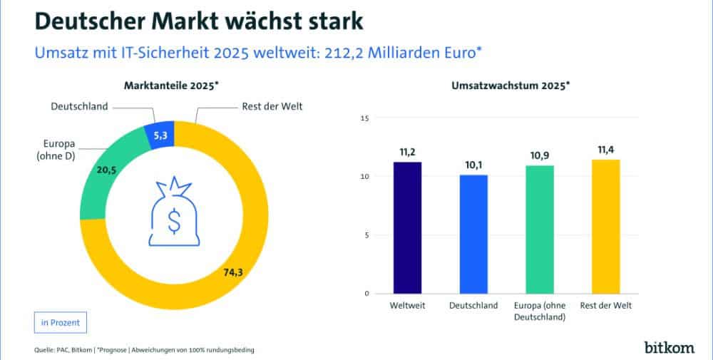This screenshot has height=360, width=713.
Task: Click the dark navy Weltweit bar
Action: click(x=407, y=227)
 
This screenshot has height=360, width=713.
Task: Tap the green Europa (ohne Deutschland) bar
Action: click(x=539, y=229)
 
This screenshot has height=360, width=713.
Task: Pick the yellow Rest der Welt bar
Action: click(x=605, y=226)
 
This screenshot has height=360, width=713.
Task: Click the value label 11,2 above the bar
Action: click(x=407, y=152)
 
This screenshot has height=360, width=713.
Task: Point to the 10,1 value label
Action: click(x=473, y=165)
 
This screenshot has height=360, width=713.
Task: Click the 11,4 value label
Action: click(x=605, y=150)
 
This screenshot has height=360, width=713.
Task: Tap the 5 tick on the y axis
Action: click(x=366, y=235)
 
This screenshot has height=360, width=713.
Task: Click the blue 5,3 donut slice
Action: click(x=160, y=135)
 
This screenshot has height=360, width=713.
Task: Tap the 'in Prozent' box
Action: click(x=61, y=322)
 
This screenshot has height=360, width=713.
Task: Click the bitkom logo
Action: click(x=668, y=347)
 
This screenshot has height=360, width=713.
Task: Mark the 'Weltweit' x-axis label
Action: click(x=407, y=306)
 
